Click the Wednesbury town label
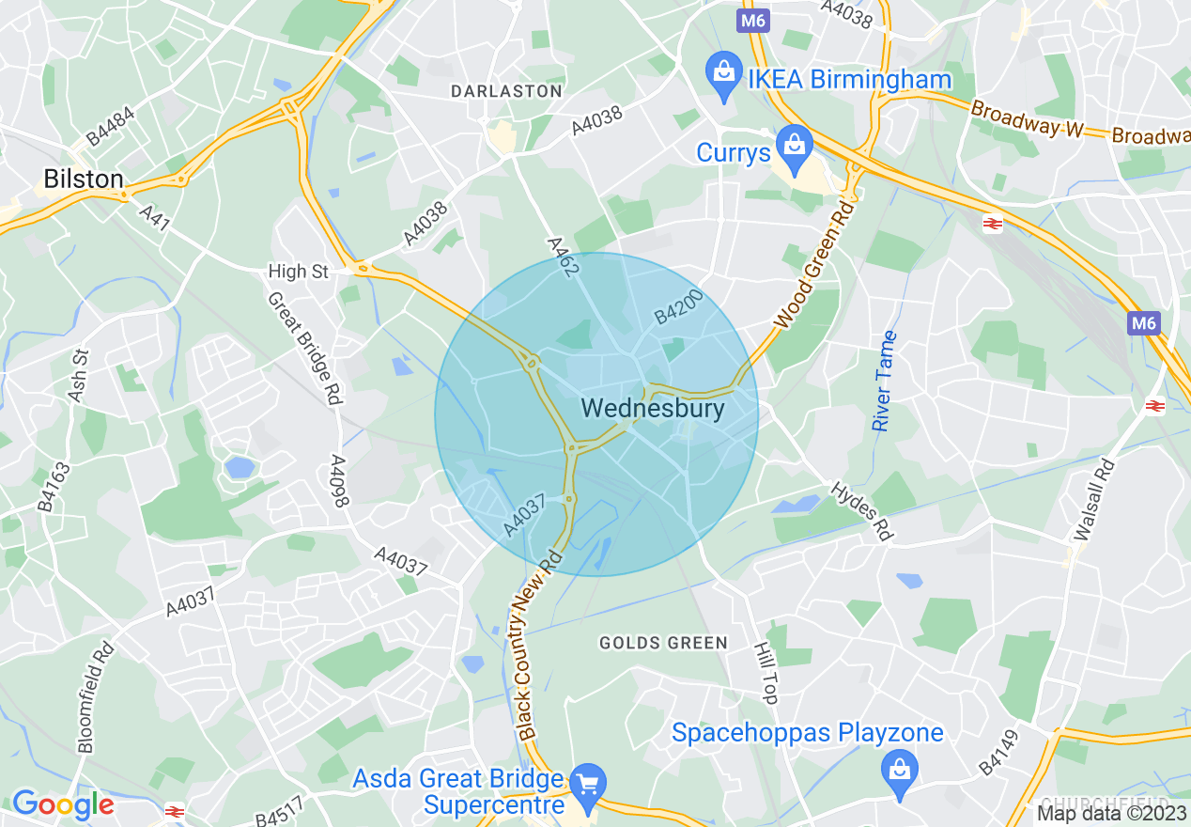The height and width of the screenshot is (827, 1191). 653,409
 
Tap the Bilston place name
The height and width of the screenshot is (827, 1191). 84,179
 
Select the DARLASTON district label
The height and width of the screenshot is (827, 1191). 506,91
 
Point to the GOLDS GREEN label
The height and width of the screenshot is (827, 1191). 663,643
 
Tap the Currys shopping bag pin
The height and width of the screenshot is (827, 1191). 795,147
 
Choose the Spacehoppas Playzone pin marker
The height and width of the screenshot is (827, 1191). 900,772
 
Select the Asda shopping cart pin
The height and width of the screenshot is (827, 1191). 588,786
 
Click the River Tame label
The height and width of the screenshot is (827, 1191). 884,382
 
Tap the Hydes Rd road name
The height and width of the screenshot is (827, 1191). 860,511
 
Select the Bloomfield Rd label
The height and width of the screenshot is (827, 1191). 96,696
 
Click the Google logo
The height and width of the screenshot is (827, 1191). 63,804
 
